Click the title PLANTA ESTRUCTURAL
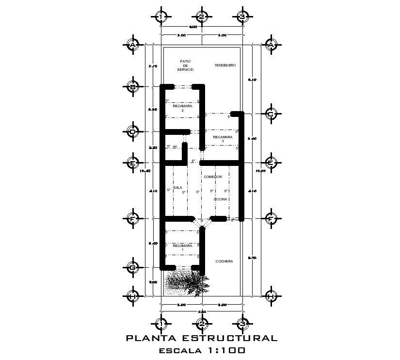(202, 338)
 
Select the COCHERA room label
(224, 261)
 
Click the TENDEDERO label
(225, 65)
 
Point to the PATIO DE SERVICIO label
(185, 65)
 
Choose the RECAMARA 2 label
(182, 108)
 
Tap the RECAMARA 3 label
(223, 139)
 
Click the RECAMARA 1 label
(182, 248)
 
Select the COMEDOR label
(212, 177)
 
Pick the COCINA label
(220, 199)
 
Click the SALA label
(177, 187)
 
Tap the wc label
(175, 146)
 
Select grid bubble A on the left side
(132, 45)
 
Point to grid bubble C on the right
(271, 114)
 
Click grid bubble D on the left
(132, 131)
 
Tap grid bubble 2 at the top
(202, 17)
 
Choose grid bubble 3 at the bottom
(242, 323)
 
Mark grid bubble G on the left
(132, 267)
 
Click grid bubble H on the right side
(271, 296)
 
